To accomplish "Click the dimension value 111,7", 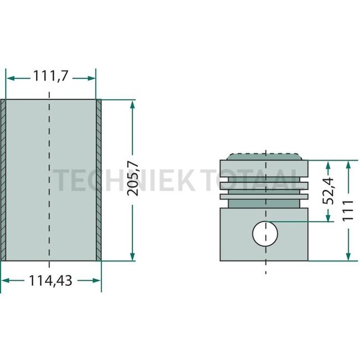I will tap(50, 77).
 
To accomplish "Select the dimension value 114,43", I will tap(50, 281).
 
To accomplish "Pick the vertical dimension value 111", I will tap(348, 211).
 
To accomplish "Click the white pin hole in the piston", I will tap(265, 234).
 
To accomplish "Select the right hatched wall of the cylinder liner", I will tap(99, 180).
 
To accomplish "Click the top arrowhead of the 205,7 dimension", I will tap(132, 104).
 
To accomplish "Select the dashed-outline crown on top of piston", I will tap(265, 156).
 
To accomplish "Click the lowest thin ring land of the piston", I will tap(265, 196).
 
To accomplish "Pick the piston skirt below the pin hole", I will tap(265, 253).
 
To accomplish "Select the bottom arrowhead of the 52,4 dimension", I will tap(328, 219).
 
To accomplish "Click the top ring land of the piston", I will tap(265, 168).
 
